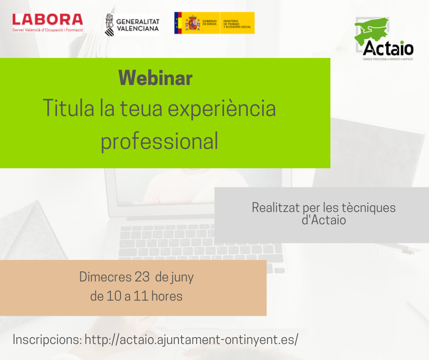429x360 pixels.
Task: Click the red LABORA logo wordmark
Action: (47, 19)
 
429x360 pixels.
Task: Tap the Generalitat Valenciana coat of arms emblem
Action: (110, 24)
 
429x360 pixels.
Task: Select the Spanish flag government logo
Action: (214, 23)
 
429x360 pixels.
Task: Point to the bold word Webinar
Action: (155, 78)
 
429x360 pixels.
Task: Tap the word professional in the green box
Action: (159, 141)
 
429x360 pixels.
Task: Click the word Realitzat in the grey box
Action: (275, 207)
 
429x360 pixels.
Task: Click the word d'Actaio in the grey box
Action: (324, 220)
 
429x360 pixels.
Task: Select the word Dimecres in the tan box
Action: (105, 277)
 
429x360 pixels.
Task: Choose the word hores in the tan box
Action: (167, 296)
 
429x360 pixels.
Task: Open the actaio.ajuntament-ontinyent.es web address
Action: (192, 340)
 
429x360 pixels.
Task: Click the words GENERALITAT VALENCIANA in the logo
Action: (138, 24)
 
